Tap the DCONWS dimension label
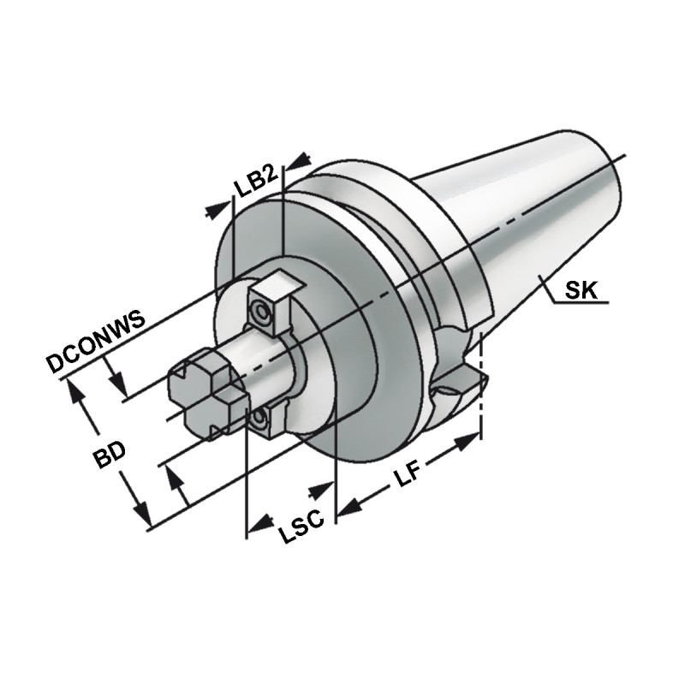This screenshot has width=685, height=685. (x=97, y=341)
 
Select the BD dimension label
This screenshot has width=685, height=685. (x=110, y=456)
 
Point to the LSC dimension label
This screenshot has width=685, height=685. (x=301, y=532)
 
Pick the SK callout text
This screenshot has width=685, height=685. (x=580, y=291)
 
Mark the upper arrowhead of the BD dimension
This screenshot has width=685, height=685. (x=76, y=390)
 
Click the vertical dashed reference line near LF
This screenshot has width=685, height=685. (x=481, y=385)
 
